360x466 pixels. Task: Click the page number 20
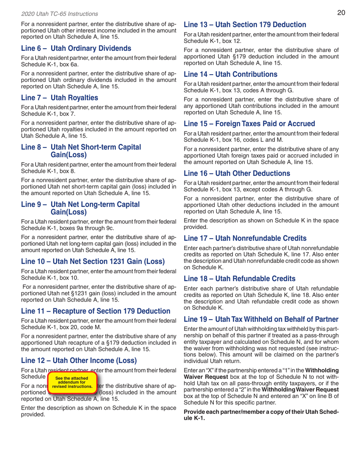(341, 13)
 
